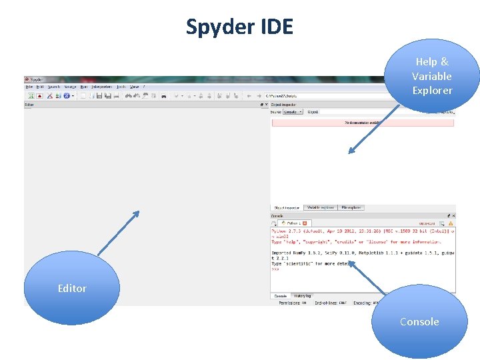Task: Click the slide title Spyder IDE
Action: click(239, 27)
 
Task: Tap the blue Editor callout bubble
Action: click(72, 289)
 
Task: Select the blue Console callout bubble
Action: click(419, 322)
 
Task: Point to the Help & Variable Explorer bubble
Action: click(432, 76)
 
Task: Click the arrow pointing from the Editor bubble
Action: click(119, 233)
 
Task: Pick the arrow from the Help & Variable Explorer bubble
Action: click(369, 129)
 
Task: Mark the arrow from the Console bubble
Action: click(367, 277)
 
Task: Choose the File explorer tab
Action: click(351, 207)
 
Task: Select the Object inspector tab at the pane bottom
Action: click(287, 207)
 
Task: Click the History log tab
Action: click(303, 295)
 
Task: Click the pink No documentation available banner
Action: click(362, 123)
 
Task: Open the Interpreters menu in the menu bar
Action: click(102, 87)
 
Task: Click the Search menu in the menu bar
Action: click(53, 87)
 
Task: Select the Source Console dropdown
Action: click(293, 112)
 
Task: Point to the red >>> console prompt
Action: click(275, 269)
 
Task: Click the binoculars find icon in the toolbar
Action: click(128, 96)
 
